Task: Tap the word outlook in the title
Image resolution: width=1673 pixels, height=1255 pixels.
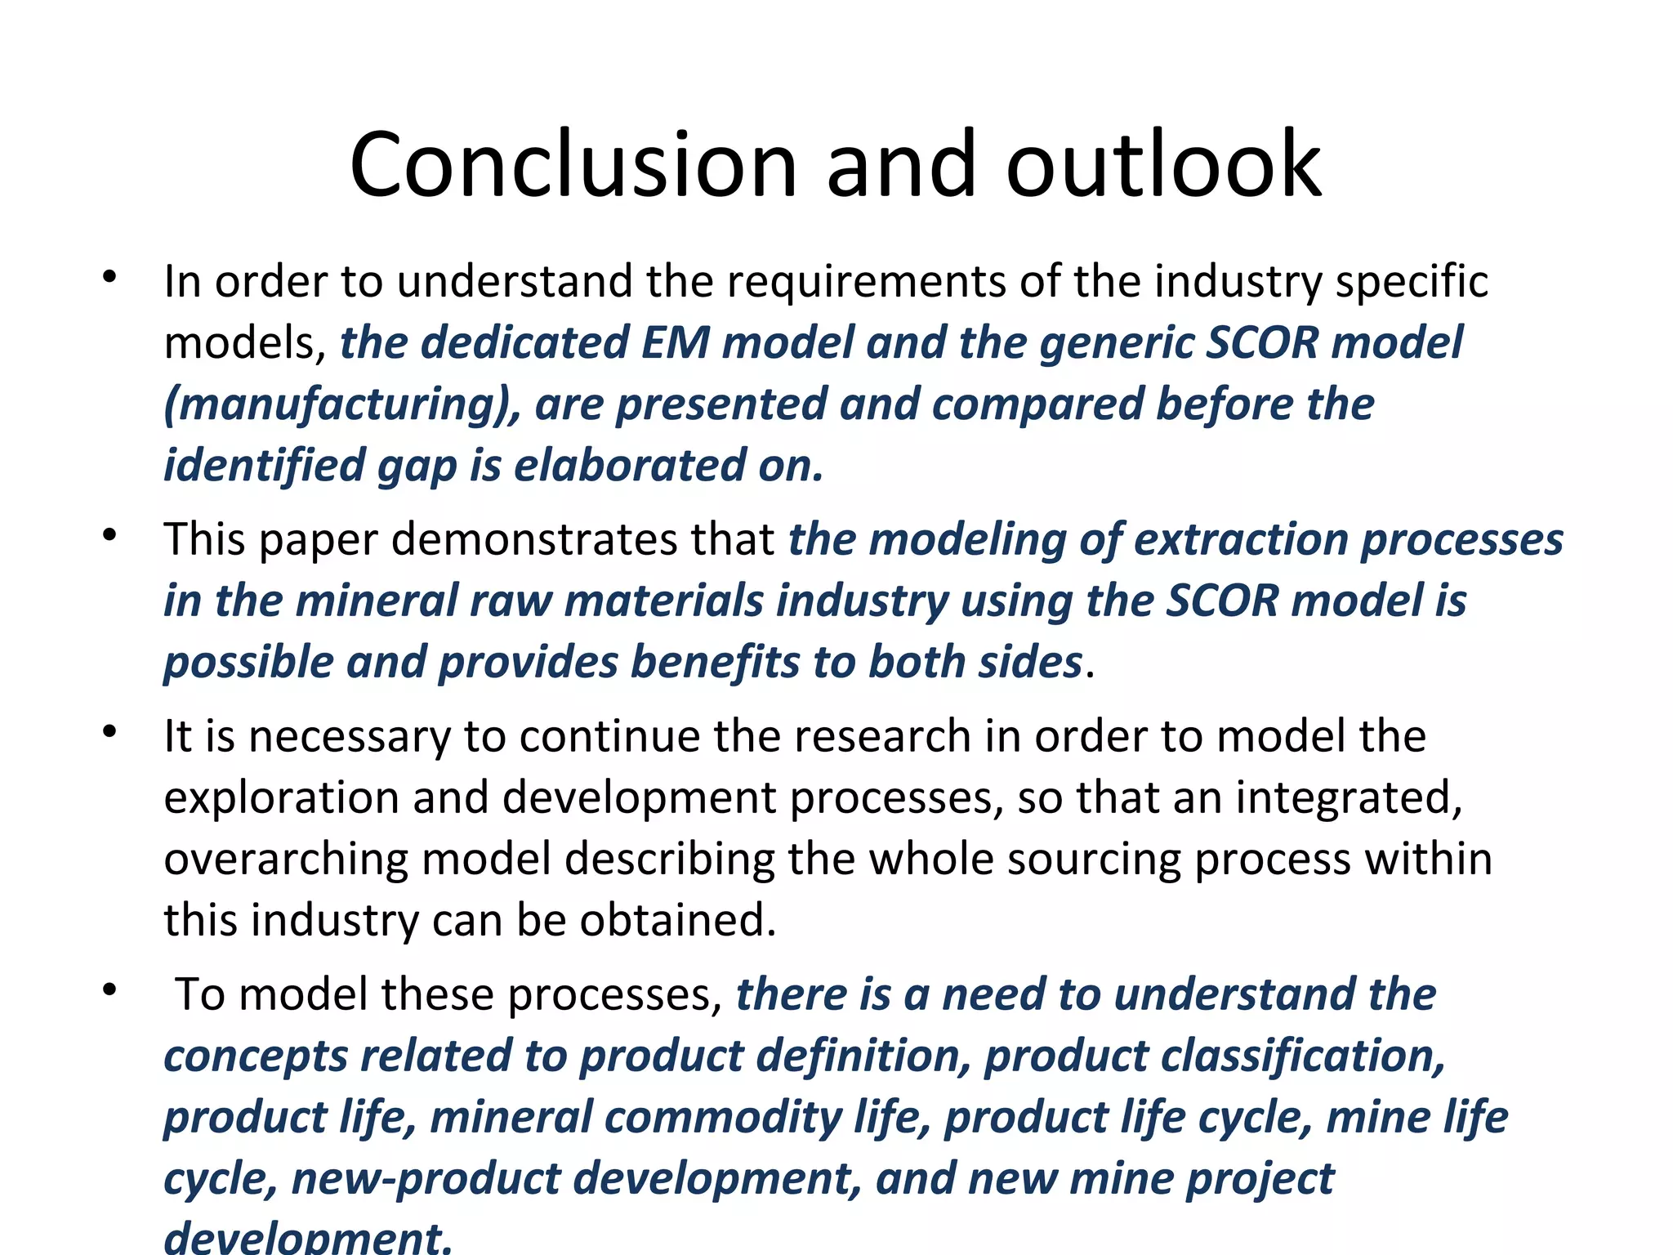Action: point(1163,166)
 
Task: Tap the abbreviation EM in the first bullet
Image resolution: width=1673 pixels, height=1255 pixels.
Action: point(675,343)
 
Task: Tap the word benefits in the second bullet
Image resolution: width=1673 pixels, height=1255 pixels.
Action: point(716,663)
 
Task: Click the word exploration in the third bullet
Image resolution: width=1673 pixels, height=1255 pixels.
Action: point(281,798)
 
